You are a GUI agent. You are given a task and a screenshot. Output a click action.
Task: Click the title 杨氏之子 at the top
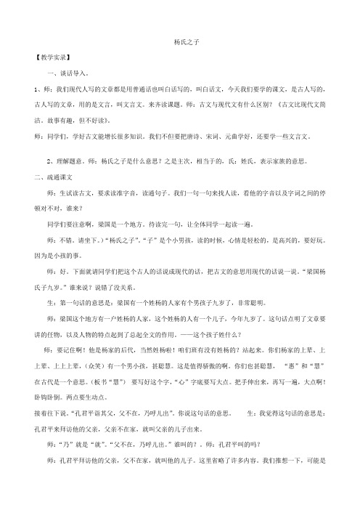coord(179,44)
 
